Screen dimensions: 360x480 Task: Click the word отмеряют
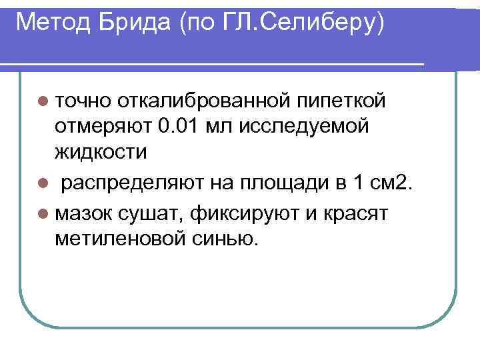point(104,127)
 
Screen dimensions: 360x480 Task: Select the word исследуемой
point(311,127)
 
